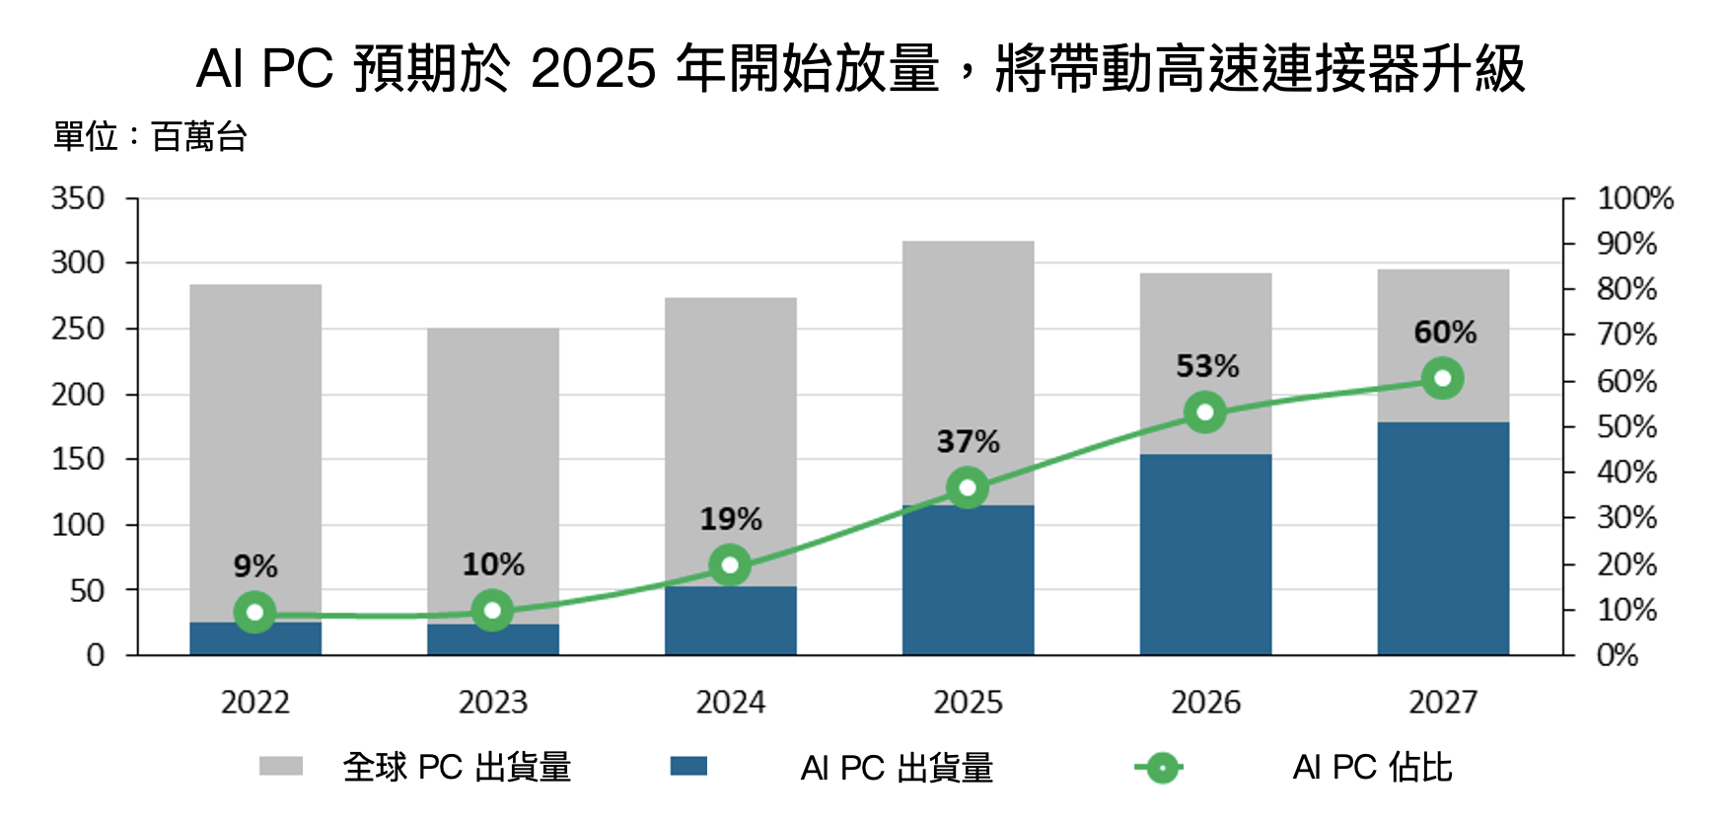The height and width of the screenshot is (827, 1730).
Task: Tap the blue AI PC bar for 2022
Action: click(x=255, y=639)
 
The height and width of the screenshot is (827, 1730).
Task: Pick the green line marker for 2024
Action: click(x=730, y=565)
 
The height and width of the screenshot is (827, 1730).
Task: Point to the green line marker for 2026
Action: click(x=1205, y=412)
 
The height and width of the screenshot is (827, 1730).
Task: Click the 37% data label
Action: click(x=968, y=441)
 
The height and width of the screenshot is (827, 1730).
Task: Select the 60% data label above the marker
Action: click(x=1445, y=332)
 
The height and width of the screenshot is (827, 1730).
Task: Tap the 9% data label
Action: click(x=255, y=566)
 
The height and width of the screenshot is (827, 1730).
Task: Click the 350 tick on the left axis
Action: click(x=78, y=198)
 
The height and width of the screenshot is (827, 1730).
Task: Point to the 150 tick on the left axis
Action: click(x=78, y=459)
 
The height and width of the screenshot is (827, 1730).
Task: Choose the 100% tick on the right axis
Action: click(x=1635, y=198)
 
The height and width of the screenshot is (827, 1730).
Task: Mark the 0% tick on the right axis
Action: click(x=1618, y=655)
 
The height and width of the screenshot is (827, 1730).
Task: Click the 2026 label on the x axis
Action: click(x=1205, y=703)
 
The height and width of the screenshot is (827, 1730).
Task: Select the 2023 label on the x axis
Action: click(x=493, y=703)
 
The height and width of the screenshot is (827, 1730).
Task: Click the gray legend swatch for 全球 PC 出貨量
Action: click(x=281, y=767)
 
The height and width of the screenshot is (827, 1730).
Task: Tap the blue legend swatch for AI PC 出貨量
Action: click(x=688, y=767)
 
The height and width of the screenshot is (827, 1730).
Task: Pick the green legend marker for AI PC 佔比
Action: click(x=1161, y=767)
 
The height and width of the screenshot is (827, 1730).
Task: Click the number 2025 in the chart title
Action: click(x=593, y=69)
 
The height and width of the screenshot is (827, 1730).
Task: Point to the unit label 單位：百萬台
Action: click(x=150, y=136)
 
